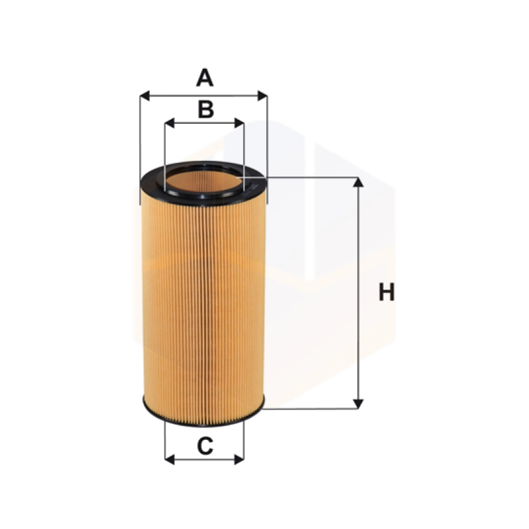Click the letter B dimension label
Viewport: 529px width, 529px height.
click(206, 110)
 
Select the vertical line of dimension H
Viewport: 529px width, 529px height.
click(358, 293)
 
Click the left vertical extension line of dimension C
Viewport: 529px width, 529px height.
click(165, 441)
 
